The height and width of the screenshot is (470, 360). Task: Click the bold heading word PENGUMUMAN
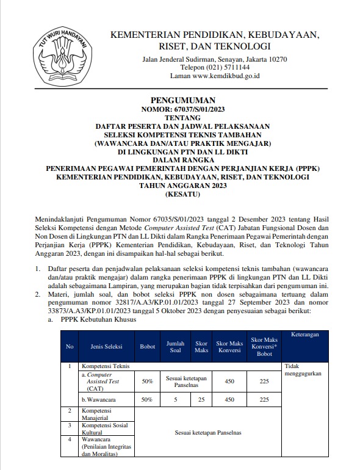click(182, 100)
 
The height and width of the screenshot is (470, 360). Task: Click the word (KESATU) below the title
click(182, 195)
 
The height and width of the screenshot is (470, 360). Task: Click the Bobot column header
click(148, 346)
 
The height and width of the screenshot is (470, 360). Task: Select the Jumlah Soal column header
click(175, 346)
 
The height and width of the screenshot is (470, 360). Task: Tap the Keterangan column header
click(303, 334)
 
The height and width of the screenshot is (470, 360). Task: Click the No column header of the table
click(70, 346)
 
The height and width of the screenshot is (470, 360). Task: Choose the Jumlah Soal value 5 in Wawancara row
click(175, 400)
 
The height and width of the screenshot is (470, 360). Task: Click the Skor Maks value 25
click(201, 400)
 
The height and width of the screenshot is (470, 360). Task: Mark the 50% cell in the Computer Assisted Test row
click(148, 381)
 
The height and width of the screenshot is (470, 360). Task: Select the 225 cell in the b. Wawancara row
click(264, 400)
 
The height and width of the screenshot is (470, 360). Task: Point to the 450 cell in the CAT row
click(229, 381)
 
